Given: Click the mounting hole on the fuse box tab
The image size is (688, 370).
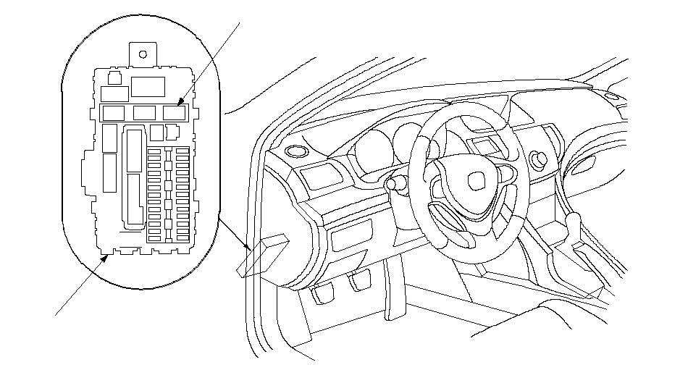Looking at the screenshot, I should [143, 54].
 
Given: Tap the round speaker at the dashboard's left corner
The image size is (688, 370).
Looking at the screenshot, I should [295, 151].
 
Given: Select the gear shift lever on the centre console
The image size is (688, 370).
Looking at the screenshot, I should [574, 220].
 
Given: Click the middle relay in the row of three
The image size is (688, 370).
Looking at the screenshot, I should [143, 113].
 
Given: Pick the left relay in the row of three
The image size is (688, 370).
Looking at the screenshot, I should [114, 113].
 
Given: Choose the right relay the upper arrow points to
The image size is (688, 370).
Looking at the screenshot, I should [173, 113].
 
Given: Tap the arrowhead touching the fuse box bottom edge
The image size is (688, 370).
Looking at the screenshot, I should [106, 256].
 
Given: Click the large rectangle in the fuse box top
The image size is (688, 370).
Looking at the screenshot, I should [148, 86].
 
